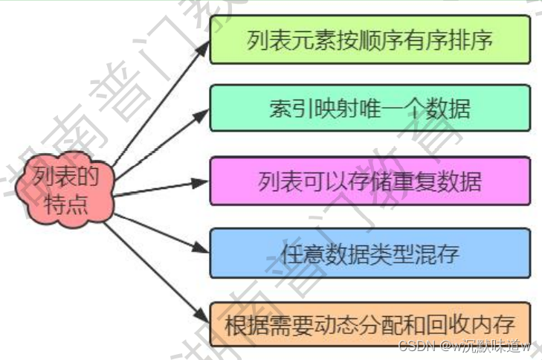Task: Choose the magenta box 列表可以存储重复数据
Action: click(370, 180)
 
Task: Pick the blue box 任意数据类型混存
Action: click(370, 253)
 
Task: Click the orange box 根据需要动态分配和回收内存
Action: click(370, 324)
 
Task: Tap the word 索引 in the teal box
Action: click(285, 109)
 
